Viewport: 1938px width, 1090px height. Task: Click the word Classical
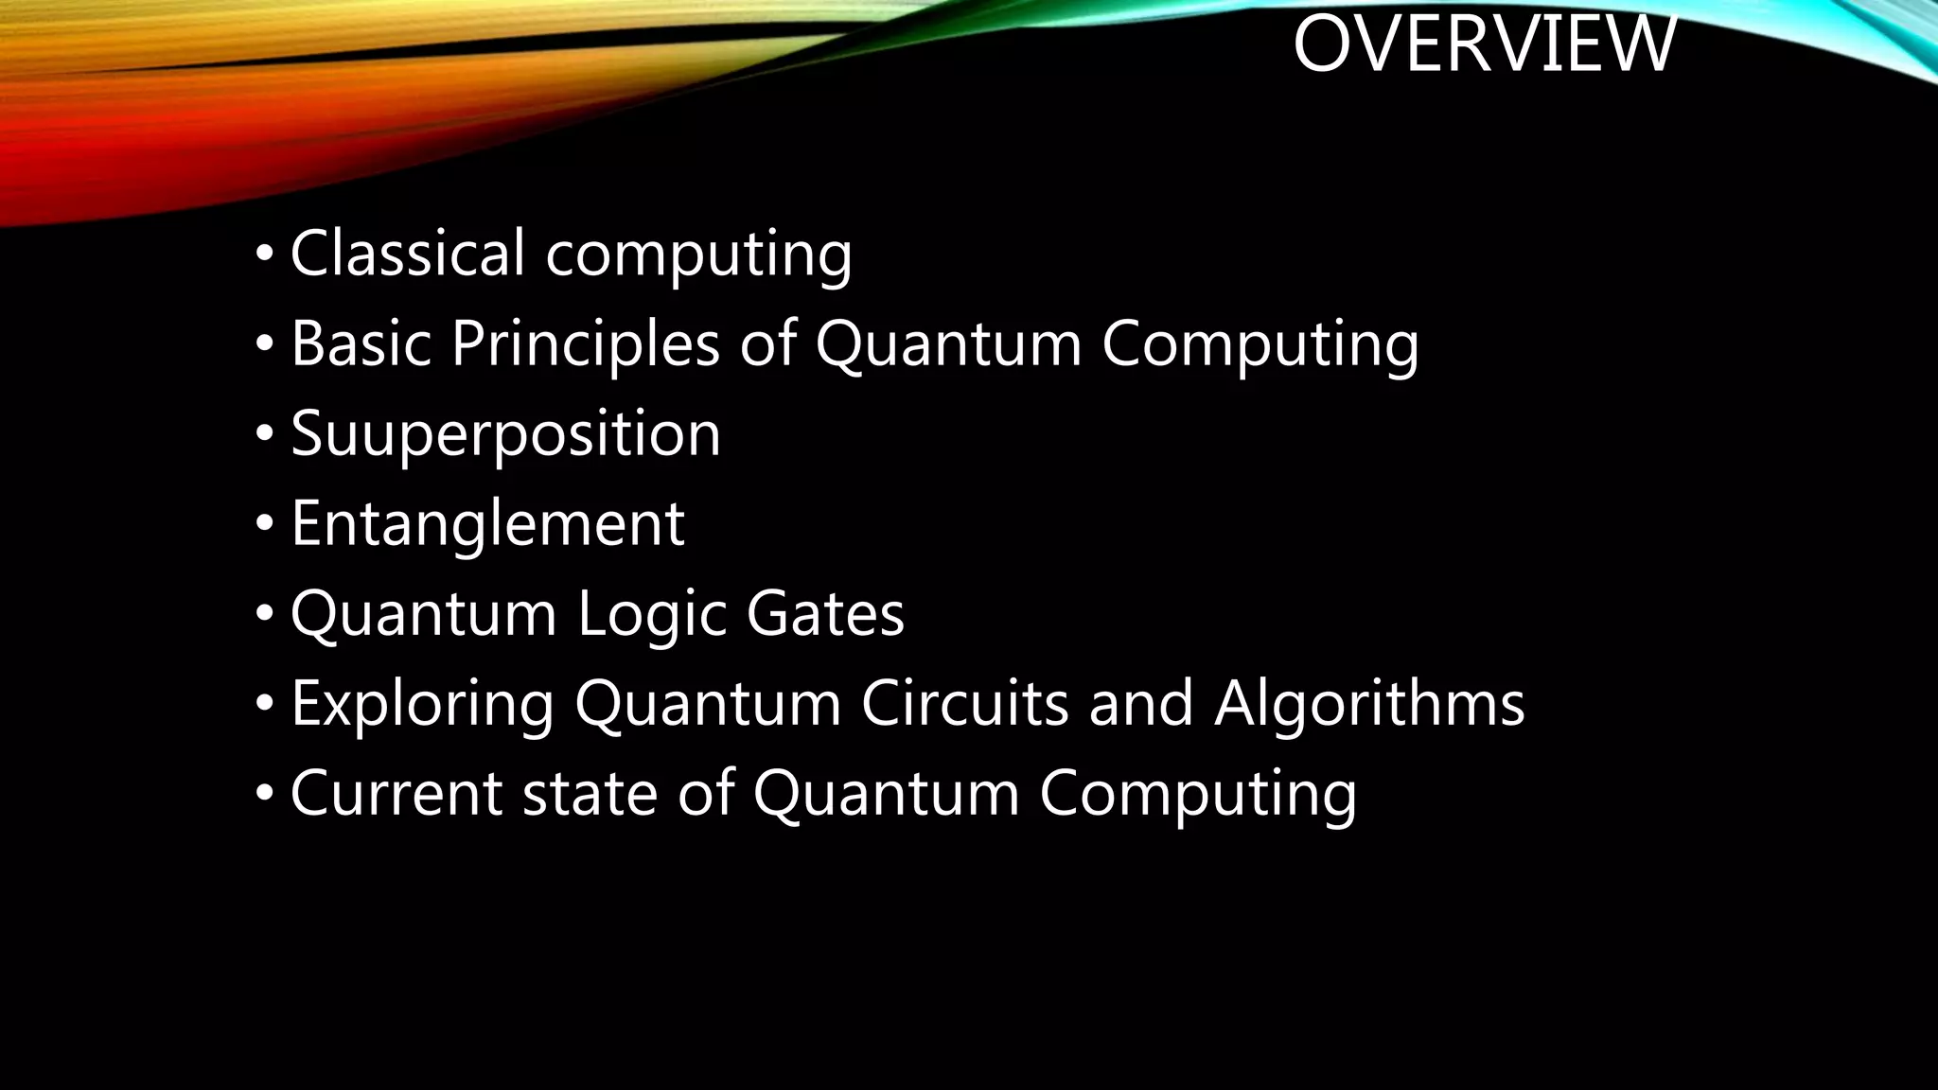pyautogui.click(x=407, y=254)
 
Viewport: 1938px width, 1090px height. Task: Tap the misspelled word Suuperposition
pyautogui.click(x=505, y=434)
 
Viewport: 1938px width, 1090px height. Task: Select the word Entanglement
pyautogui.click(x=487, y=523)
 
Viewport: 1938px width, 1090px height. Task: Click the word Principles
pyautogui.click(x=586, y=343)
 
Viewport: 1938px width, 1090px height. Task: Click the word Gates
pyautogui.click(x=825, y=614)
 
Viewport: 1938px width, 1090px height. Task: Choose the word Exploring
pyautogui.click(x=422, y=704)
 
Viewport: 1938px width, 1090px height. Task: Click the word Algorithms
pyautogui.click(x=1369, y=704)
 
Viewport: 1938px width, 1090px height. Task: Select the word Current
pyautogui.click(x=396, y=793)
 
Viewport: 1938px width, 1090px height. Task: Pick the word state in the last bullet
pyautogui.click(x=590, y=793)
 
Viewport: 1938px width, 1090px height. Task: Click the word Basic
pyautogui.click(x=361, y=343)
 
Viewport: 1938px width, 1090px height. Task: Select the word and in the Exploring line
pyautogui.click(x=1141, y=704)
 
